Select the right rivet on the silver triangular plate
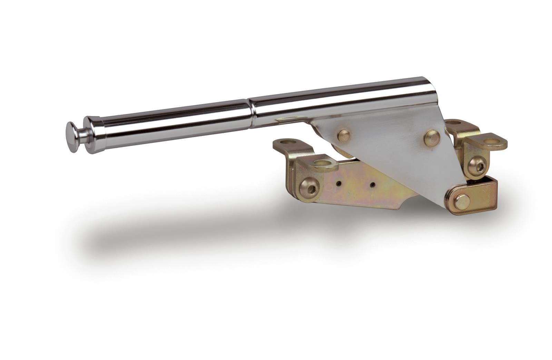(x=431, y=137)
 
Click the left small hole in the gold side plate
(x=340, y=184)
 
